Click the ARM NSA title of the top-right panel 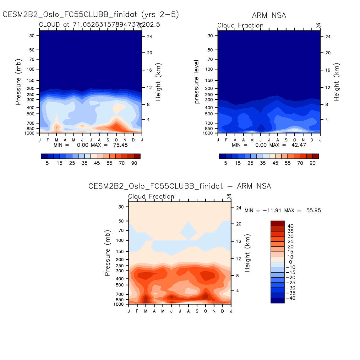[269, 15]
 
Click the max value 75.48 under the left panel [120, 145]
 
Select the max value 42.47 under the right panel [299, 145]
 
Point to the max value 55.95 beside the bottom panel [314, 210]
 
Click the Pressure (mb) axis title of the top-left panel [18, 82]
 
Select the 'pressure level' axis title [197, 82]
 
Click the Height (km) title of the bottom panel [248, 253]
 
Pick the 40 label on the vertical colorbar [290, 226]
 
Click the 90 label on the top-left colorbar [134, 163]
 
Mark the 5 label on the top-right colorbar [226, 163]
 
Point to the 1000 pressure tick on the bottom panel [119, 304]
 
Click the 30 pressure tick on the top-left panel [32, 36]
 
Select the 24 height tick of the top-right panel [328, 37]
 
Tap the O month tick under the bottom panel [205, 311]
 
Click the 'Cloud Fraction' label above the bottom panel [151, 197]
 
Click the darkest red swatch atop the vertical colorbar [277, 223]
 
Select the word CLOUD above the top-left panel [49, 25]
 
